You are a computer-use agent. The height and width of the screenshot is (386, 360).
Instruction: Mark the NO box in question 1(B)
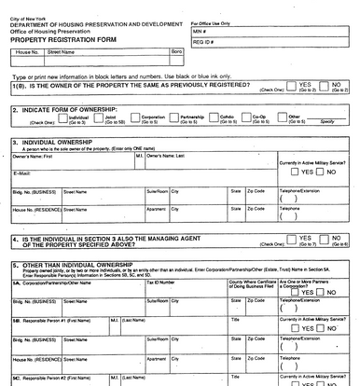click(325, 85)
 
